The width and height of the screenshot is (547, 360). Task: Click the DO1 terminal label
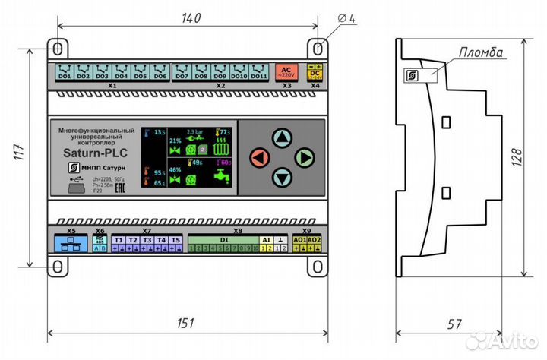click(65, 76)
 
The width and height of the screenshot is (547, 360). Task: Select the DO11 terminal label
click(258, 76)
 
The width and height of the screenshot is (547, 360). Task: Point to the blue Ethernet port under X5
click(71, 244)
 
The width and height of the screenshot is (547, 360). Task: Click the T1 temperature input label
click(119, 240)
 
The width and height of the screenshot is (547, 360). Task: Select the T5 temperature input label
click(175, 240)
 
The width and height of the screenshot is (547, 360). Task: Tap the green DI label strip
click(224, 240)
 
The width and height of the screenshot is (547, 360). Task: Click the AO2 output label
click(315, 240)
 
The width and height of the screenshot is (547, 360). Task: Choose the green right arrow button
click(305, 158)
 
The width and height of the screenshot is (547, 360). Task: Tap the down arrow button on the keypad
click(282, 179)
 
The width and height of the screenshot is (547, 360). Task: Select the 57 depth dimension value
click(453, 325)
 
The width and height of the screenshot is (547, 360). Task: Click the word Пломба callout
click(481, 52)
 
